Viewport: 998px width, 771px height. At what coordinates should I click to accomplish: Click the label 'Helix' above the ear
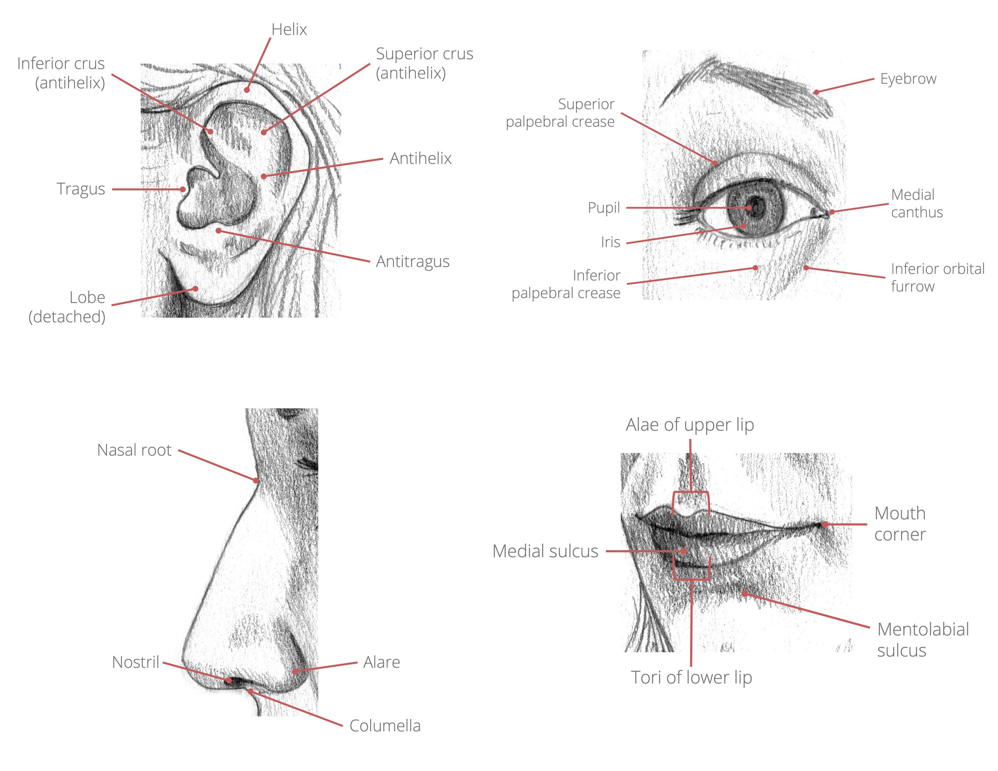pos(289,30)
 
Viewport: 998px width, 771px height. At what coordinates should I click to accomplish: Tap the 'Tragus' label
pos(81,189)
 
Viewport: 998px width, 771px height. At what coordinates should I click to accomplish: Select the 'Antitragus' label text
pos(413,261)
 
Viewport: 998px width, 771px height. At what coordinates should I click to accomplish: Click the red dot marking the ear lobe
pos(195,288)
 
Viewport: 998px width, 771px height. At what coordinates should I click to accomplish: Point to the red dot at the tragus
pos(183,189)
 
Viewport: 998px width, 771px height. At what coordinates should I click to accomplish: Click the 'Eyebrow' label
pos(908,79)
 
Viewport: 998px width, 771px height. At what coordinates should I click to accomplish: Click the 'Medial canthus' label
pos(917,203)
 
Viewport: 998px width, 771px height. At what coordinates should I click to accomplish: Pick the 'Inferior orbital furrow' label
pos(937,277)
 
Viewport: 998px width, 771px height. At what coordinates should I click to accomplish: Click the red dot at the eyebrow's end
pos(816,92)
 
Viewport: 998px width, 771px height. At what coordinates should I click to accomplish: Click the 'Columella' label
pos(385,726)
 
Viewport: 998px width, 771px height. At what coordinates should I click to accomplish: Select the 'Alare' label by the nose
pos(382,662)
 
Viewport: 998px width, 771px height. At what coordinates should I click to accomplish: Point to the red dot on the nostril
pos(228,681)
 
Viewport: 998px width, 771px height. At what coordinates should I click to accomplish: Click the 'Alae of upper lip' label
pos(689,425)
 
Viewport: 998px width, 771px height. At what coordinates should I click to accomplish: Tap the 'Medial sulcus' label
pos(545,551)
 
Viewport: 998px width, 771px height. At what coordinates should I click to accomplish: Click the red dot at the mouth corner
pos(825,525)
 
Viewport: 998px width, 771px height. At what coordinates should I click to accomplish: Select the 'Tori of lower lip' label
pos(691,677)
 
